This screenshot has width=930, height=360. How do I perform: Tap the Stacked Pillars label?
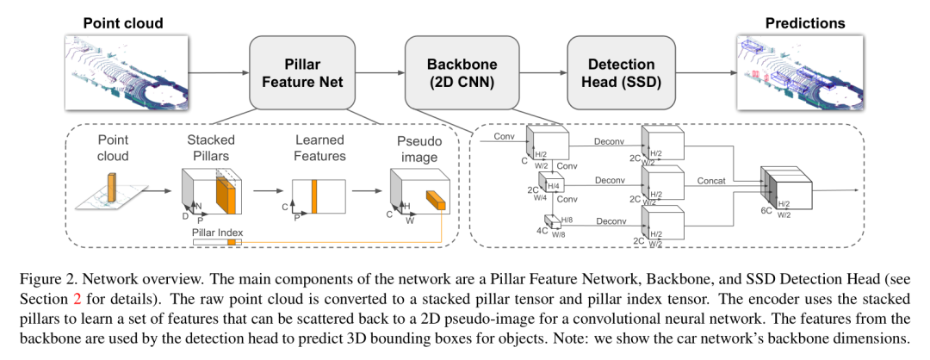point(210,147)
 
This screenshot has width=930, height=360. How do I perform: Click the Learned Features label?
point(319,147)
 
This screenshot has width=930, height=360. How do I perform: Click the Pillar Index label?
point(218,232)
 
